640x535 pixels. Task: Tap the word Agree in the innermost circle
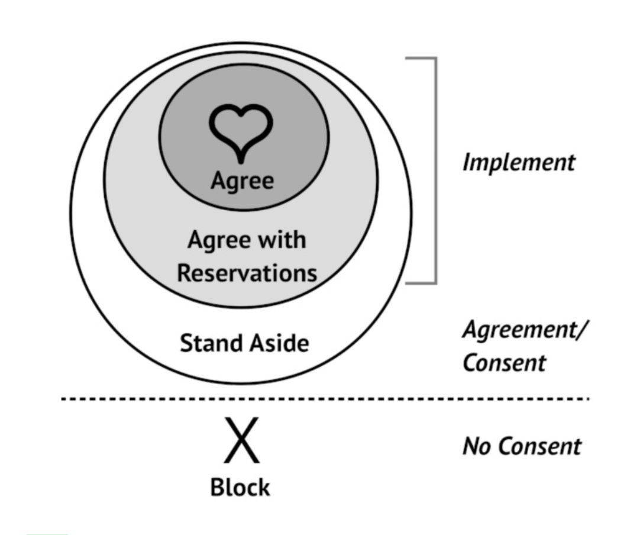(242, 181)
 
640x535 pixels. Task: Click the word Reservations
(247, 273)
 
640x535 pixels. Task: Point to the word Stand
(212, 343)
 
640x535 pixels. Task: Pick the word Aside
(280, 343)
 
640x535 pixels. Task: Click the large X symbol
(242, 440)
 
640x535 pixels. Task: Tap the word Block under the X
(240, 487)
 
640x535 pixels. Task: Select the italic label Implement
(519, 163)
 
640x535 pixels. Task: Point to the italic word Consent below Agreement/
(505, 362)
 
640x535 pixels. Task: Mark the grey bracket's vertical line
(435, 170)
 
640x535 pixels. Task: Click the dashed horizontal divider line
(325, 398)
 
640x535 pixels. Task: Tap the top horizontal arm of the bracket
(421, 59)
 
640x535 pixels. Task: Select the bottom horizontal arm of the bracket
(421, 282)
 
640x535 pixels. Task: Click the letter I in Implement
(467, 162)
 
